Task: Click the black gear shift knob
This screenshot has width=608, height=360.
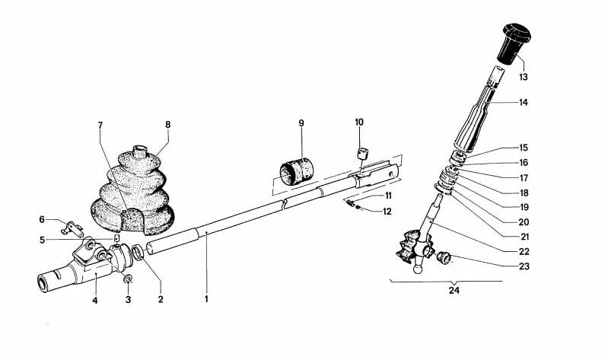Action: [515, 43]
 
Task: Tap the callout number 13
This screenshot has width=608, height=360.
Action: [524, 77]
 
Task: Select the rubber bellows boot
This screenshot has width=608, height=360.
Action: [132, 191]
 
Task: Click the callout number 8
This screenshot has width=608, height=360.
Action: [167, 125]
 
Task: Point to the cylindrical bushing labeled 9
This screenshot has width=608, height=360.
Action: [296, 171]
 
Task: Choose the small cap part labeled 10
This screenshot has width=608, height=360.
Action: [361, 154]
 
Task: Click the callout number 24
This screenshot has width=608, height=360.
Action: [454, 290]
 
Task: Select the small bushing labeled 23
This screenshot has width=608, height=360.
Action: [443, 256]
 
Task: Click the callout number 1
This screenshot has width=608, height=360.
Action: [206, 299]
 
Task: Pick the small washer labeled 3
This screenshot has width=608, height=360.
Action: [128, 279]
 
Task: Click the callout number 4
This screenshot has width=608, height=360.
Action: [95, 300]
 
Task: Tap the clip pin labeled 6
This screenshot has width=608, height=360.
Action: [72, 228]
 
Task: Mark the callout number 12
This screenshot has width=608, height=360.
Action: [387, 212]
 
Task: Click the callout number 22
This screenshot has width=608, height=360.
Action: [524, 251]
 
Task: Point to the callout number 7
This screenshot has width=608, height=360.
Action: [100, 125]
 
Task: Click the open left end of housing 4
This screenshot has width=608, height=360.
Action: [43, 283]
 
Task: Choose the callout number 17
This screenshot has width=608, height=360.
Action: [524, 178]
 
